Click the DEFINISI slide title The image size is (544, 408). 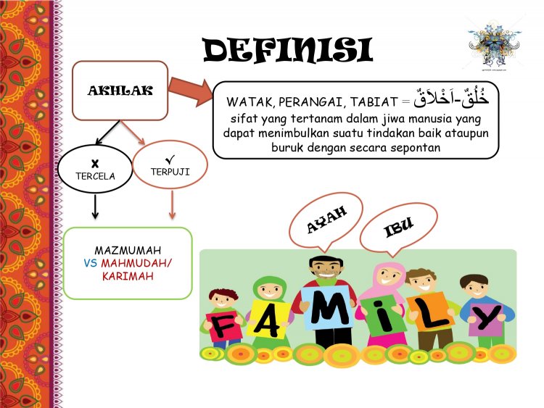pyautogui.click(x=288, y=49)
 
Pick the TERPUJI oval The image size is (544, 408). pyautogui.click(x=172, y=165)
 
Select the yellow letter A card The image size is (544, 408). pyautogui.click(x=270, y=319)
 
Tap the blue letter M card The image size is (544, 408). pyautogui.click(x=328, y=308)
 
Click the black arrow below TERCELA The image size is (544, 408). pyautogui.click(x=94, y=208)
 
